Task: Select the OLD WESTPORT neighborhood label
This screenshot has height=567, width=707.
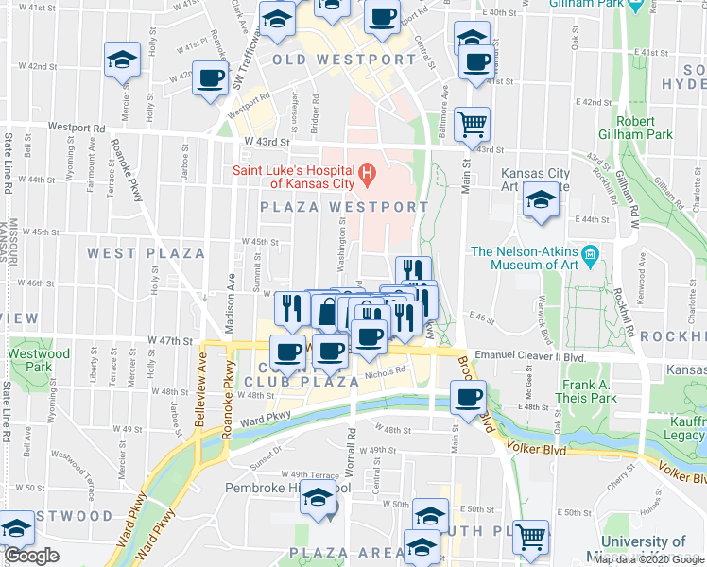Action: [x=344, y=60]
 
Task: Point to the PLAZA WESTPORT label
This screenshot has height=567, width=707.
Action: [x=337, y=206]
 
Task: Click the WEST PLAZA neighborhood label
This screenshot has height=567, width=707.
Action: [x=146, y=253]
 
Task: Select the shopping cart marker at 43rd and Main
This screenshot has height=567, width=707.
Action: [x=472, y=123]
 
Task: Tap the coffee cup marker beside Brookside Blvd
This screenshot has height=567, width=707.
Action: [x=468, y=397]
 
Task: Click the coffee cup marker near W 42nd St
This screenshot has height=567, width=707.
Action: [x=210, y=77]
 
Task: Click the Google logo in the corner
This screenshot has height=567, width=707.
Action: [x=31, y=557]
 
